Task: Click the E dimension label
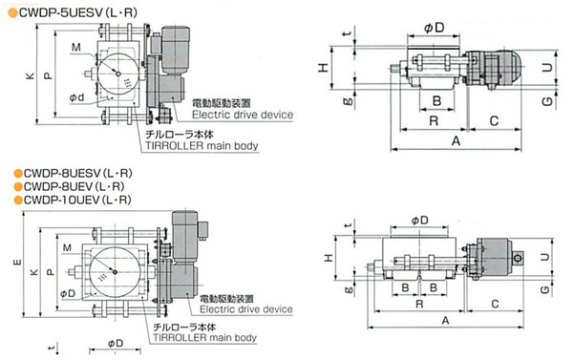[x=11, y=260]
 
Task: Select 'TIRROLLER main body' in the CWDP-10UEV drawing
[x=204, y=337]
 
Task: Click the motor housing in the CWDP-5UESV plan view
[x=176, y=38]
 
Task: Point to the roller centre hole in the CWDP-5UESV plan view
[x=115, y=75]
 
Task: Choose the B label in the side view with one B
[x=435, y=100]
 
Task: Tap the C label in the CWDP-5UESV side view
[x=496, y=120]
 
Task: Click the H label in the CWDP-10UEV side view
[x=329, y=258]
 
